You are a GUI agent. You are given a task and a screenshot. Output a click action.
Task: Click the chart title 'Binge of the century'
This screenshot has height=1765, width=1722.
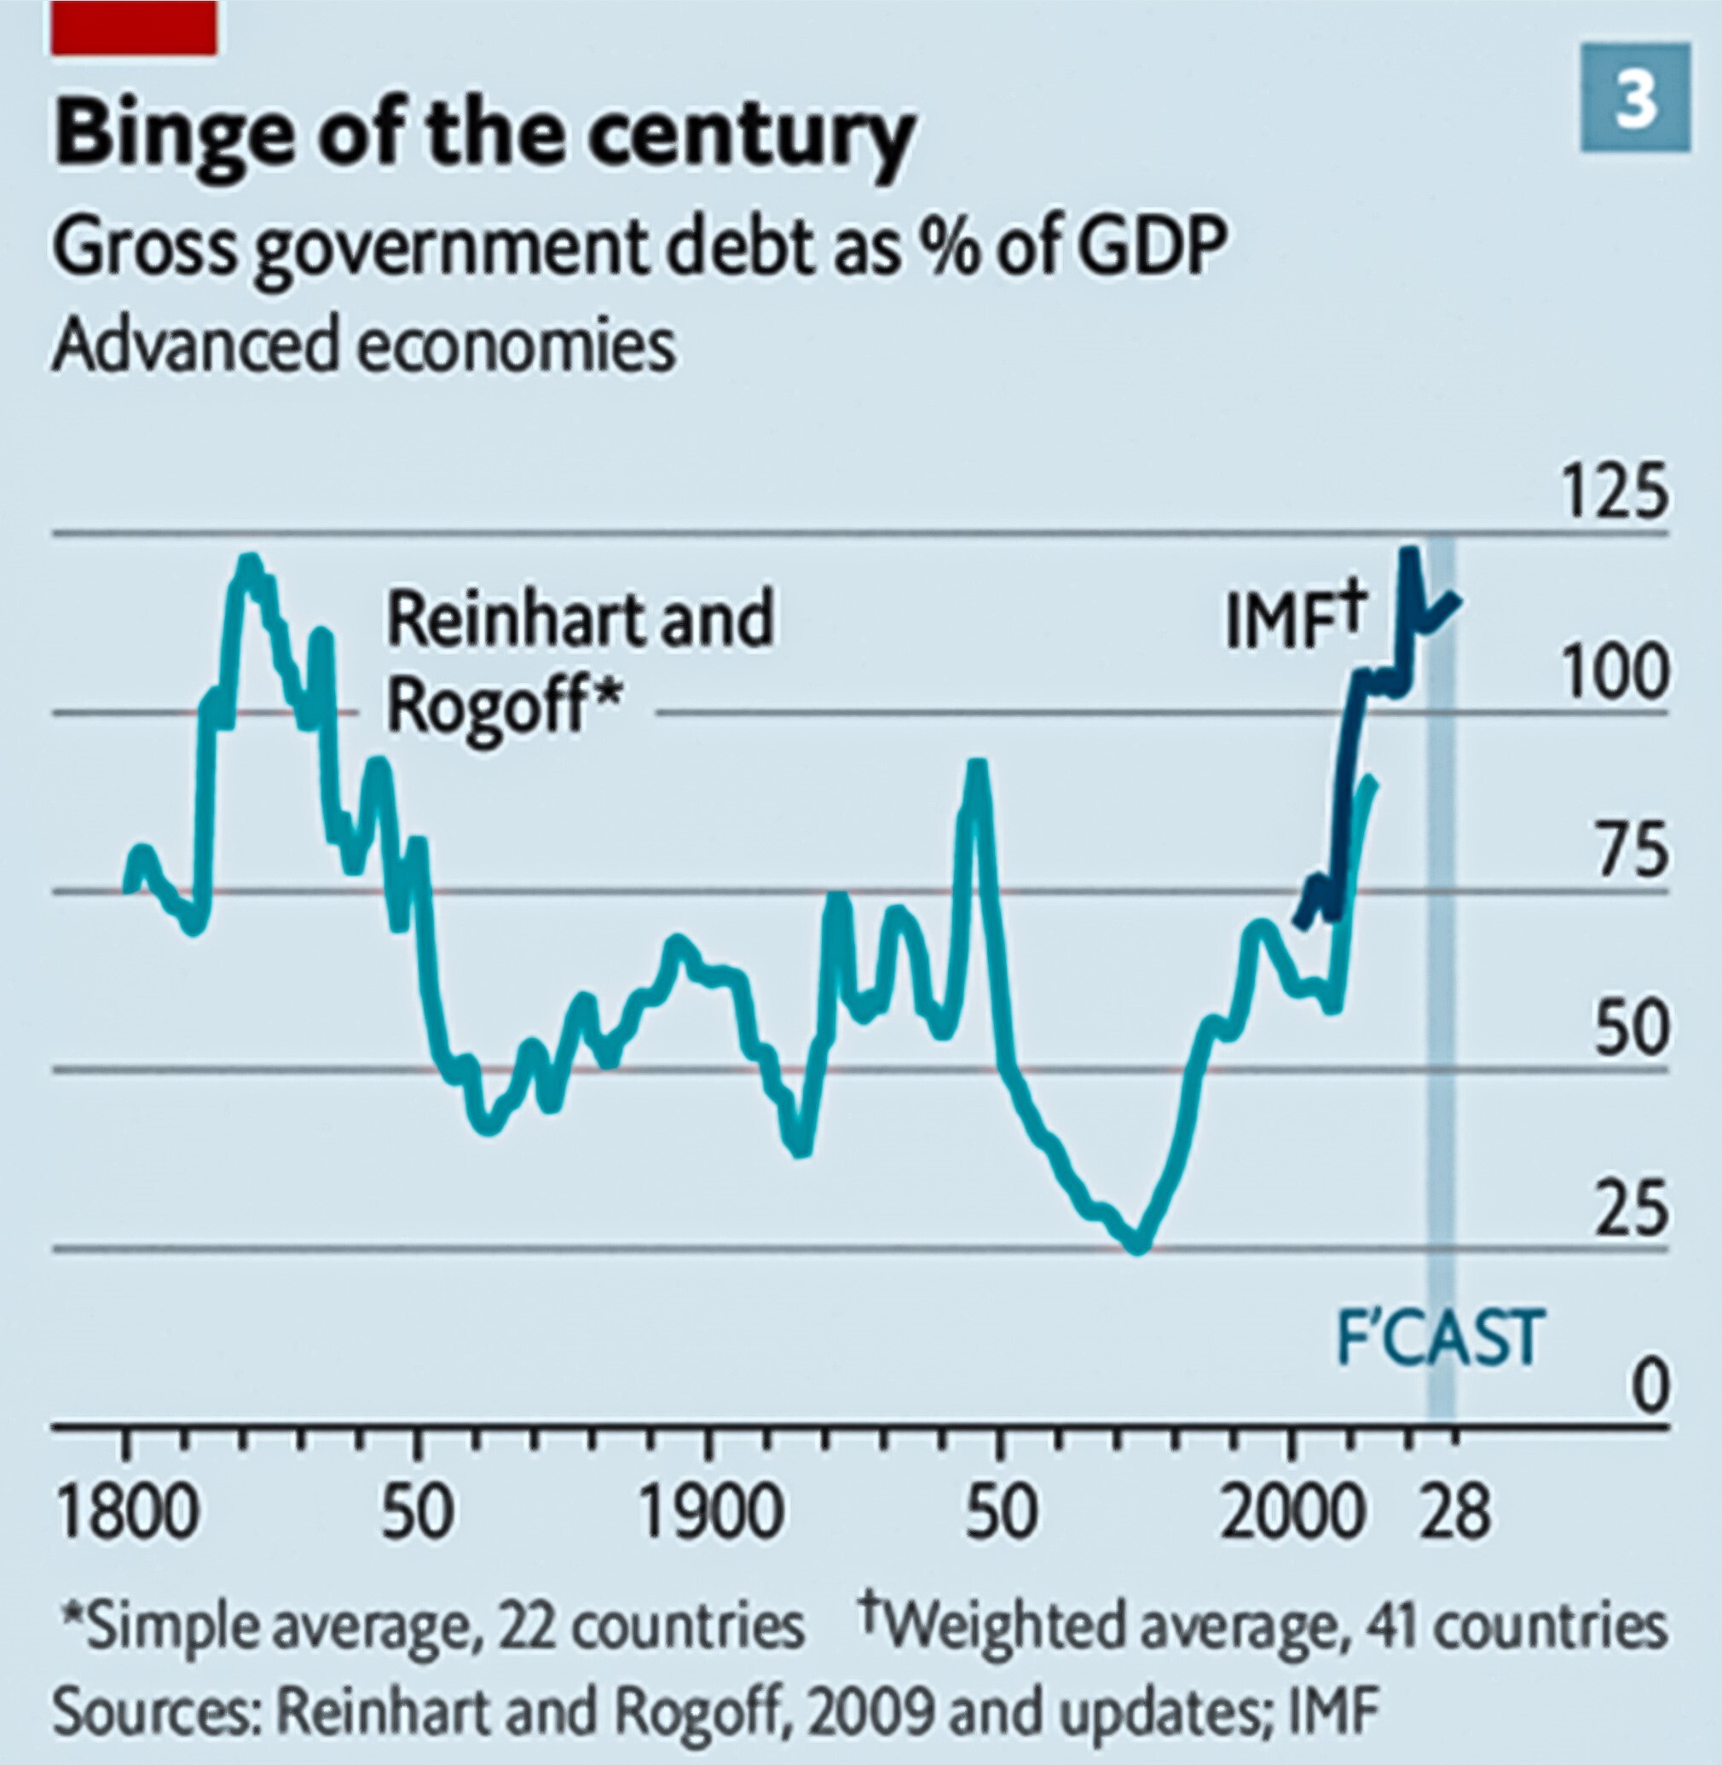(484, 136)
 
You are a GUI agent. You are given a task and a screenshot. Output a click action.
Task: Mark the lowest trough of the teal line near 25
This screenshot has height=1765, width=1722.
(1138, 1247)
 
